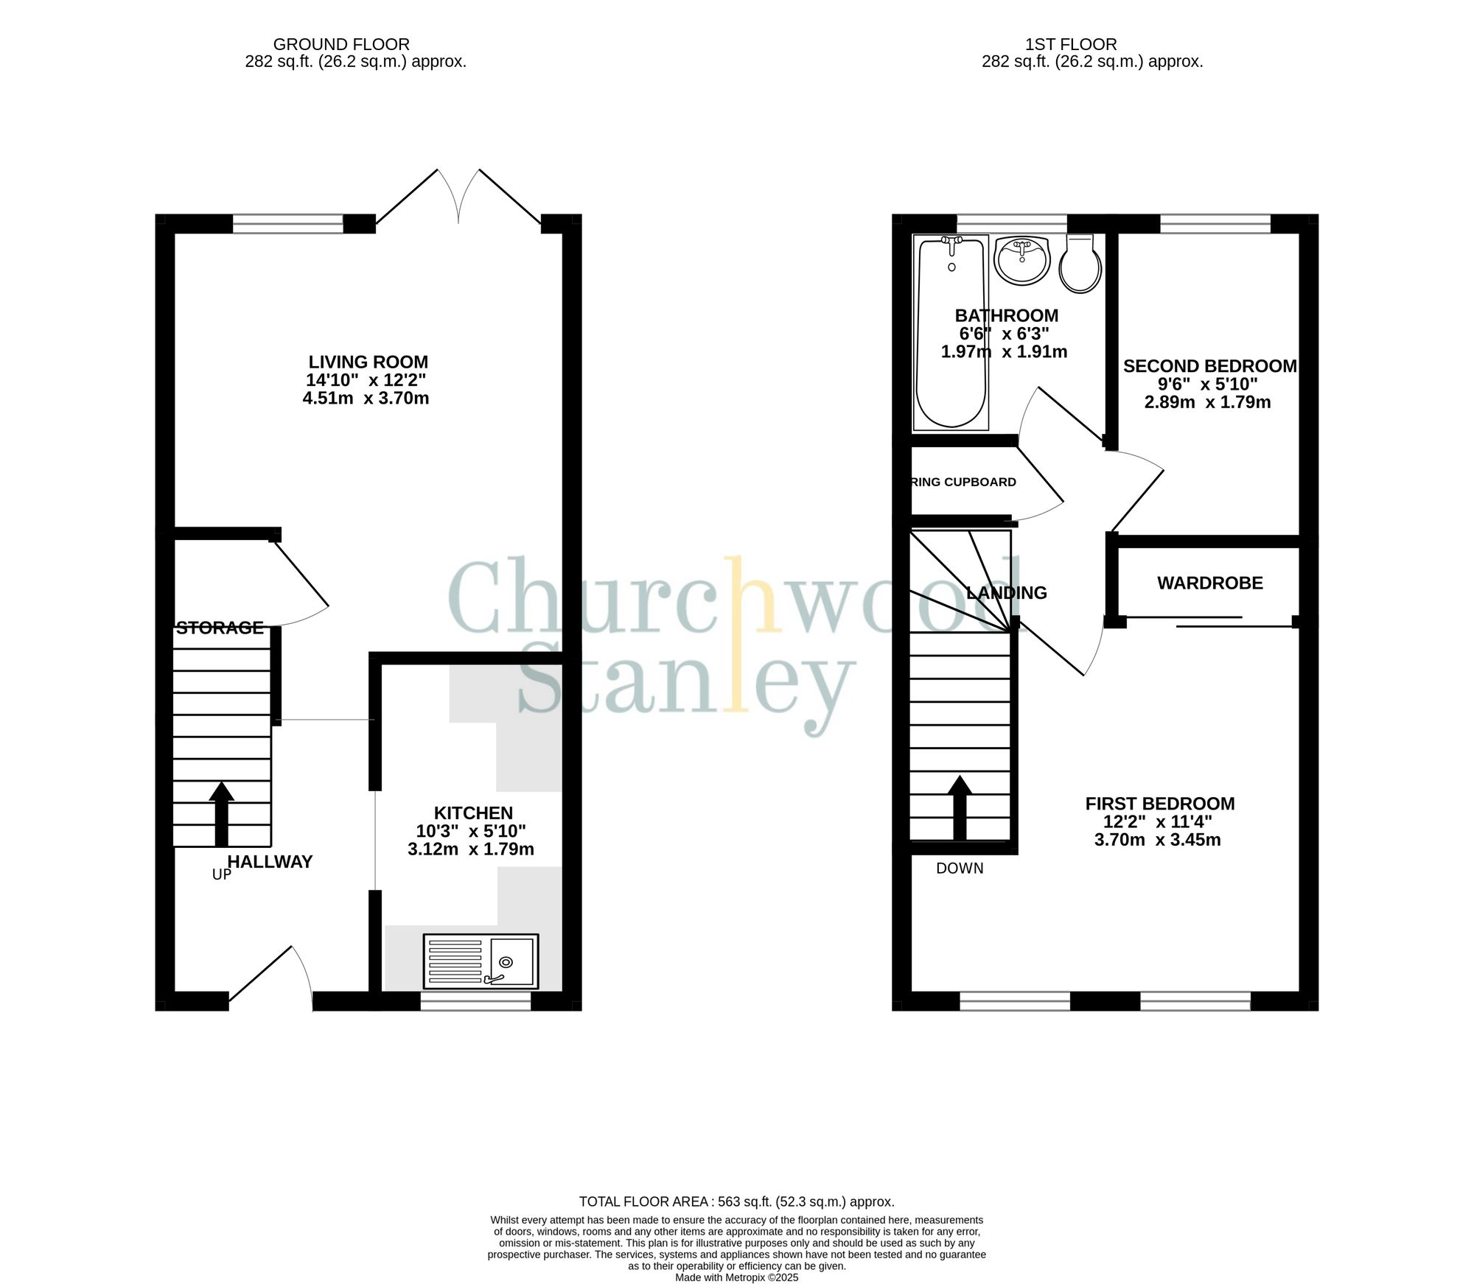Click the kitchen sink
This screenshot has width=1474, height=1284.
pyautogui.click(x=481, y=961)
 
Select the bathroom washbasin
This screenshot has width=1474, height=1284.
pyautogui.click(x=1021, y=260)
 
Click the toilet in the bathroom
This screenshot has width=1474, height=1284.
pyautogui.click(x=1080, y=264)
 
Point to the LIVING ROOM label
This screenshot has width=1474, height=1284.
pyautogui.click(x=368, y=362)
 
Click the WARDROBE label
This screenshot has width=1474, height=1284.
pyautogui.click(x=1209, y=583)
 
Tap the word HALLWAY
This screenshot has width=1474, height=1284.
pyautogui.click(x=270, y=862)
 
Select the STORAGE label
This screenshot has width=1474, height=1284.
pyautogui.click(x=220, y=628)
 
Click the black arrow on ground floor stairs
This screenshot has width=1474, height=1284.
pyautogui.click(x=221, y=813)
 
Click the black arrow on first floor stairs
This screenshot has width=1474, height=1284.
pyautogui.click(x=959, y=807)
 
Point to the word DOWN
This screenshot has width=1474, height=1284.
pyautogui.click(x=960, y=869)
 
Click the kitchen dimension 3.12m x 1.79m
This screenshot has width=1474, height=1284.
pyautogui.click(x=471, y=849)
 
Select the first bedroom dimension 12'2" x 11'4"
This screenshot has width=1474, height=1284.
pyautogui.click(x=1157, y=822)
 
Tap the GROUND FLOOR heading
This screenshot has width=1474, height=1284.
pyautogui.click(x=341, y=45)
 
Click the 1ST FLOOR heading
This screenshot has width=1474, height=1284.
pyautogui.click(x=1071, y=45)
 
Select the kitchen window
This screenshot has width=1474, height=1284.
pyautogui.click(x=475, y=1001)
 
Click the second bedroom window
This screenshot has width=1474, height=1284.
pyautogui.click(x=1215, y=223)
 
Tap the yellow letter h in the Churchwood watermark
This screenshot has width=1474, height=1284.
pyautogui.click(x=752, y=597)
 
